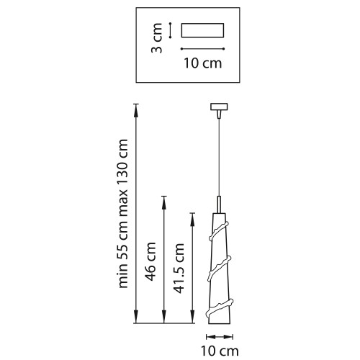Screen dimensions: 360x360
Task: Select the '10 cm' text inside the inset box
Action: click(202, 63)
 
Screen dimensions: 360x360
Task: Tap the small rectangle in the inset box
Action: click(202, 31)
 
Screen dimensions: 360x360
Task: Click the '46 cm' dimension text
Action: click(151, 262)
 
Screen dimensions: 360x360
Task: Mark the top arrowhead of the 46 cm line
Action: click(165, 197)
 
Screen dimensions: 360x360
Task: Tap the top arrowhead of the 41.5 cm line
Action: click(192, 215)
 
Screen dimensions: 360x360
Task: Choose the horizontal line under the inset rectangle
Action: click(202, 49)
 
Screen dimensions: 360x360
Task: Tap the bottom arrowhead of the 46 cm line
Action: click(165, 320)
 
